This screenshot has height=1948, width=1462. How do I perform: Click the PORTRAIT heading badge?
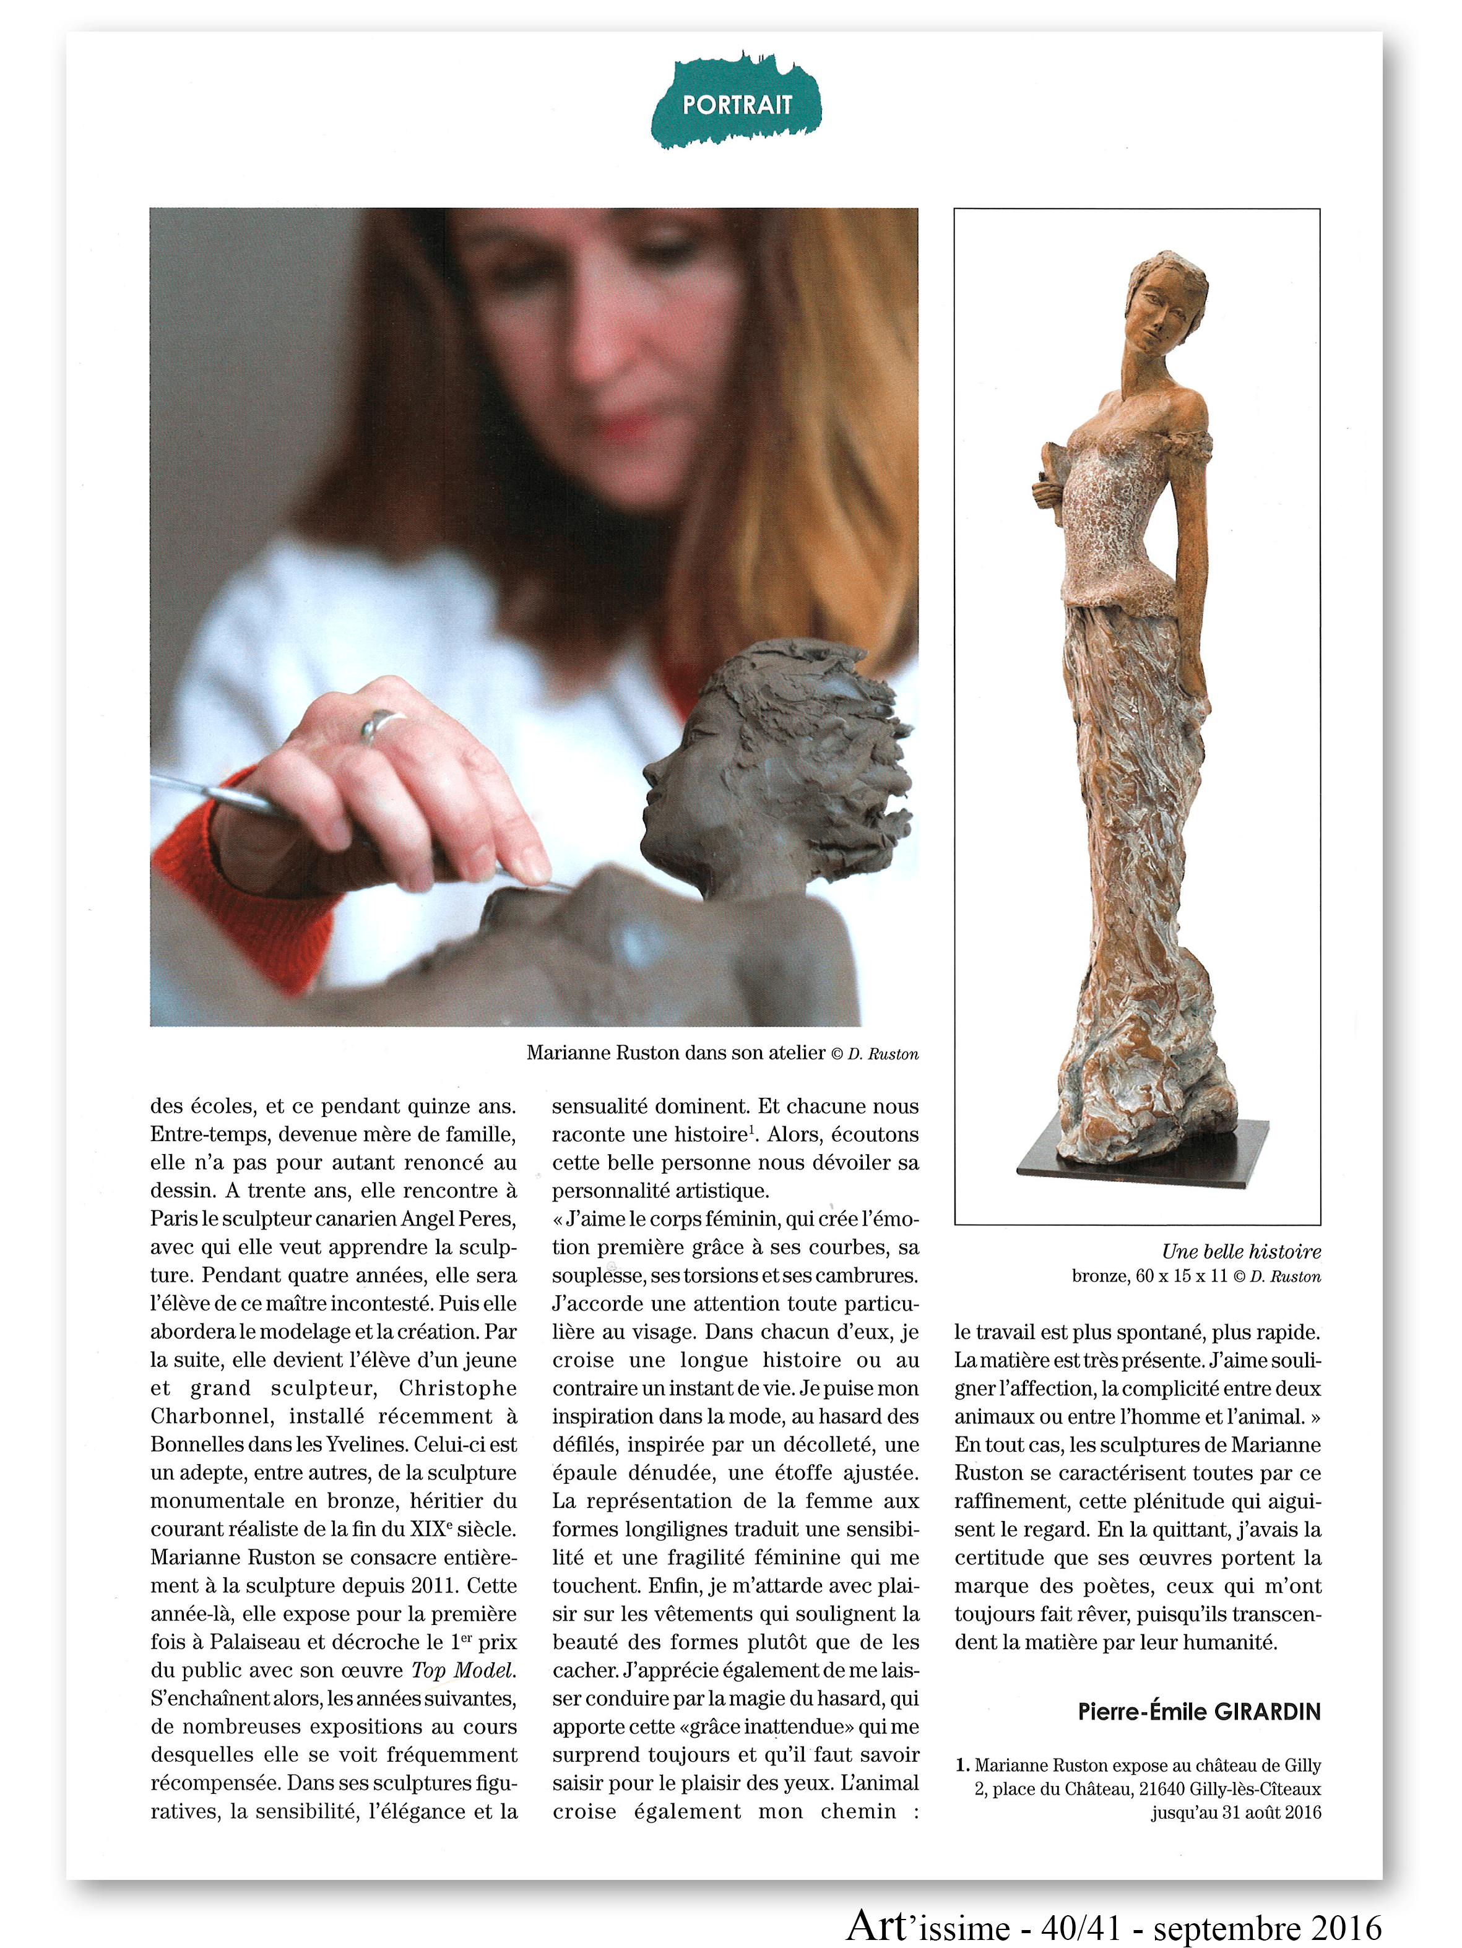click(737, 105)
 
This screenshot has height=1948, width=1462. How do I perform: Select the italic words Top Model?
click(463, 1671)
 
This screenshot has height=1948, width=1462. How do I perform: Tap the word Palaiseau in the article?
click(254, 1642)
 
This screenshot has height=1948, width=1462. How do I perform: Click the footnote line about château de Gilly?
click(1145, 1765)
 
